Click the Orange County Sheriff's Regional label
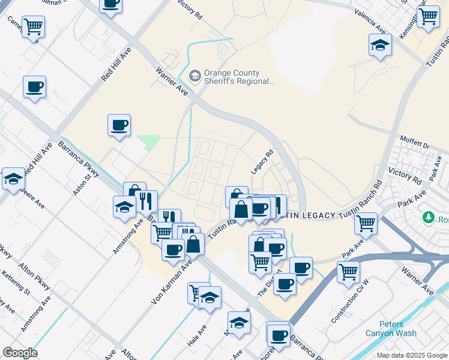tap(239, 76)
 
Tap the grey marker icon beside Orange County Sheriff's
tap(194, 76)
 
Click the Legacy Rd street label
tap(262, 162)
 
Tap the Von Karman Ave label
tap(171, 281)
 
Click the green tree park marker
tap(429, 216)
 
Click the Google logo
tap(20, 353)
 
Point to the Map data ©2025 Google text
tap(412, 355)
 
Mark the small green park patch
tap(149, 142)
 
